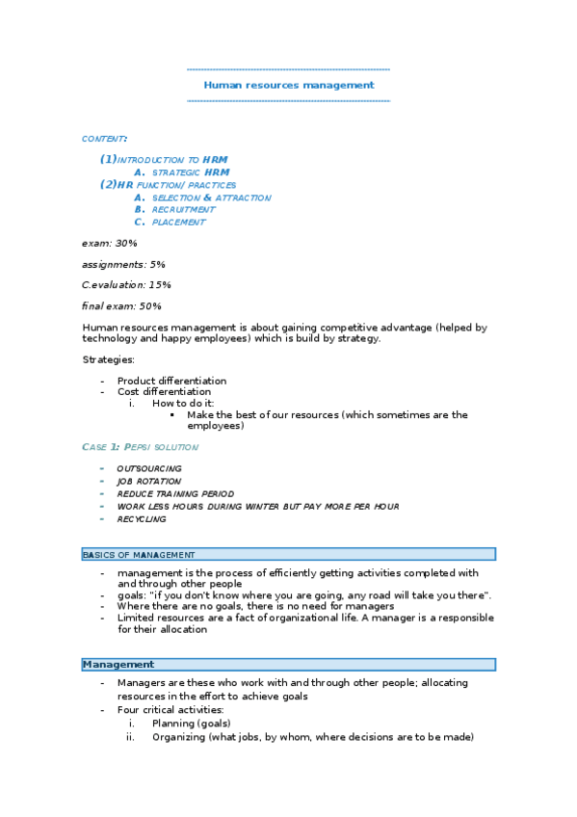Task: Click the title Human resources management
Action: [288, 85]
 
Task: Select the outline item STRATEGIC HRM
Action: [191, 172]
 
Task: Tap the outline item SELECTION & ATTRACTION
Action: [211, 198]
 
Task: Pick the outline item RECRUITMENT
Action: [183, 209]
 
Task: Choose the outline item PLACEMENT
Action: [178, 222]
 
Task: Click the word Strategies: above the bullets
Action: [108, 359]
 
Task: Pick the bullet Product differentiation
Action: [171, 381]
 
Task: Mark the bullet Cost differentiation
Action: [164, 392]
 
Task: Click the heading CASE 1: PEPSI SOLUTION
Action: [140, 447]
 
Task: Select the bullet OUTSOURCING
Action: [148, 468]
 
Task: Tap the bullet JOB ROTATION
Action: [148, 481]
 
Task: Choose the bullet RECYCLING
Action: [141, 518]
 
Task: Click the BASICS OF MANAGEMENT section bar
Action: [288, 554]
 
